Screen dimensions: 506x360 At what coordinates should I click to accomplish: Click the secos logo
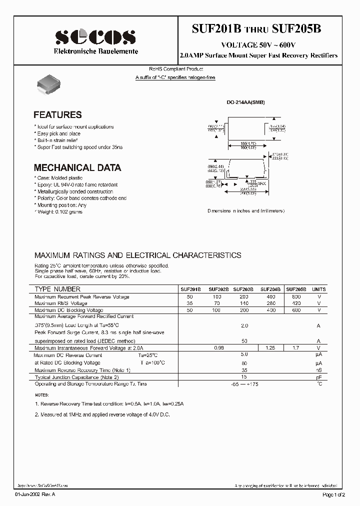(95, 37)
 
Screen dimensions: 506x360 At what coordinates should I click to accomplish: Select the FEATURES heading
(57, 115)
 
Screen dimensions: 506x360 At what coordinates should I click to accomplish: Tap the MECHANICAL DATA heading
(77, 168)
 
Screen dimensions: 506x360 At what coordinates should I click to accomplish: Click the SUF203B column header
(243, 289)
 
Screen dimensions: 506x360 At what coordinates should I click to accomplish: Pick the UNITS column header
(318, 289)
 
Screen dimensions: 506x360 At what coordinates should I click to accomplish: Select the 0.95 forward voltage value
(218, 347)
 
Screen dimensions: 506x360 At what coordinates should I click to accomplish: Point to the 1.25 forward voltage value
(270, 347)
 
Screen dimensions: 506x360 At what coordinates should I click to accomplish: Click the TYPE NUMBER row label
(57, 289)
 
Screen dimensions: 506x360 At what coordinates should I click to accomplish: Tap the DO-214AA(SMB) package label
(245, 102)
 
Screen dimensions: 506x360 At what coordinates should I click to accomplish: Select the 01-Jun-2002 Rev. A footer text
(38, 494)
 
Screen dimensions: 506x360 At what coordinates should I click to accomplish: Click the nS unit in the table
(318, 370)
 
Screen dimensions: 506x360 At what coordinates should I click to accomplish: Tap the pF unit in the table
(318, 377)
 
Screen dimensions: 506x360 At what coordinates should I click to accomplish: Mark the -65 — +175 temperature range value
(244, 384)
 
